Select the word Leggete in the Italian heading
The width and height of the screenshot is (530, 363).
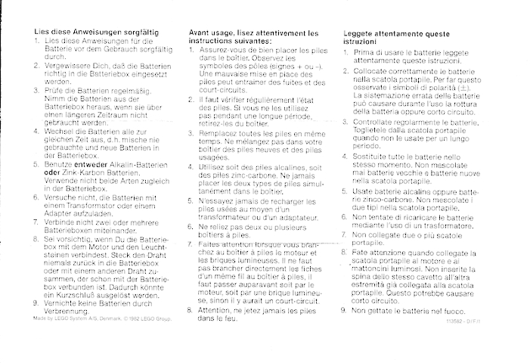click(x=358, y=33)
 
